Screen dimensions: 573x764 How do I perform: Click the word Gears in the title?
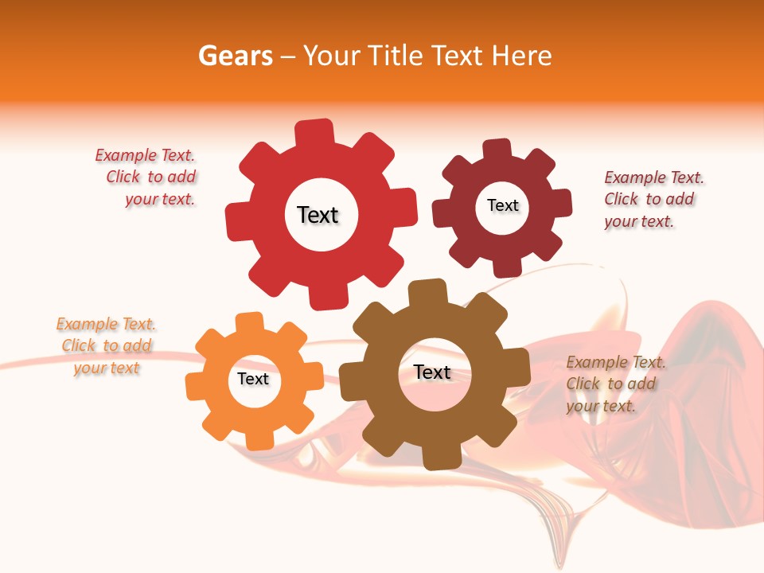pos(234,56)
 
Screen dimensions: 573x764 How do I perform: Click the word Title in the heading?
pos(396,56)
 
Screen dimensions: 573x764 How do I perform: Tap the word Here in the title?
pos(521,56)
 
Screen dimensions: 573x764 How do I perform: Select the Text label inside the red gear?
pos(318,215)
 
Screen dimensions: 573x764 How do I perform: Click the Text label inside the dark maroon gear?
pos(502,205)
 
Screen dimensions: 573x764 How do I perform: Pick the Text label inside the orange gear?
pos(253,379)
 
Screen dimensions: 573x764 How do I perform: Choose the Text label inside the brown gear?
pos(432,372)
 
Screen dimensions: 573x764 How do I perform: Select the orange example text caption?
pos(106,345)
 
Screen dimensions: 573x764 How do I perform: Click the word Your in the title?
pos(333,56)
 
